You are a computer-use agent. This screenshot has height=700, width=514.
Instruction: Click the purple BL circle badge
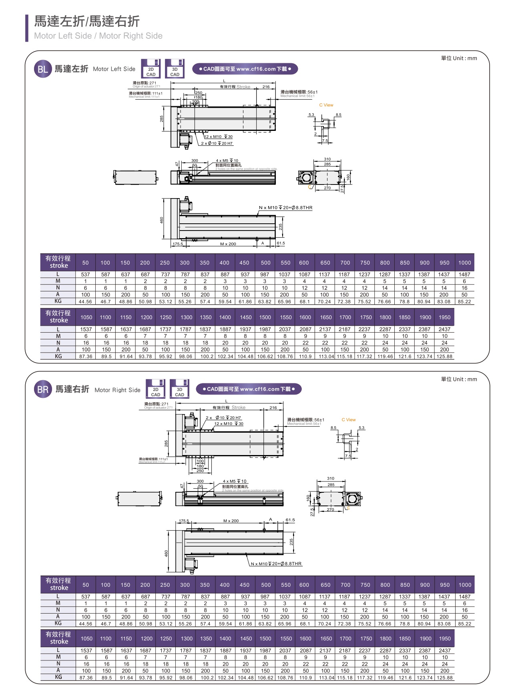[42, 69]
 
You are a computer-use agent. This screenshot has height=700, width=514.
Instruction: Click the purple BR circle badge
[43, 390]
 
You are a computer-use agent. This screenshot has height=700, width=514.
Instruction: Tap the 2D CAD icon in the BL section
[151, 69]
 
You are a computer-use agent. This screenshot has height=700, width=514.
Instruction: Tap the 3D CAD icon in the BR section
[179, 389]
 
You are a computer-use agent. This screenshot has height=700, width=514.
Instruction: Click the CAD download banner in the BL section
[245, 69]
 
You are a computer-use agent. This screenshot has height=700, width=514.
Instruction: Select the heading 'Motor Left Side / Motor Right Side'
[98, 36]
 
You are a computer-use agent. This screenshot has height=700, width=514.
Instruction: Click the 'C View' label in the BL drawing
[326, 105]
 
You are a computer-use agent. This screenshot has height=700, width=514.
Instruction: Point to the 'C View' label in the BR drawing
[348, 420]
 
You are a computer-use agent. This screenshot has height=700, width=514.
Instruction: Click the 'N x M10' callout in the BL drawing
[285, 208]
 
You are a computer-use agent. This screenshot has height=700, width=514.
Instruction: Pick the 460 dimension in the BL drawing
[162, 220]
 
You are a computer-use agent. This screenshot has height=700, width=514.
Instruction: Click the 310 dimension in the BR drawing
[330, 478]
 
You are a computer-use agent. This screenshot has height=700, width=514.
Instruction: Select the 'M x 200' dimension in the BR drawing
[231, 521]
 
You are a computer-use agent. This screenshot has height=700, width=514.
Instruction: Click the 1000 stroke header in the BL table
[464, 263]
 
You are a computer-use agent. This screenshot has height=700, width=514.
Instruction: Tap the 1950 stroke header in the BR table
[444, 639]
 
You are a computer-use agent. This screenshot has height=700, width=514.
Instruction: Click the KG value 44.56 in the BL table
[85, 302]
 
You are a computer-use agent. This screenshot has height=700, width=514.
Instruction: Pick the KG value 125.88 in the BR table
[444, 678]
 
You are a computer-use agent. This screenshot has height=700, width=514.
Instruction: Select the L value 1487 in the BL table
[464, 275]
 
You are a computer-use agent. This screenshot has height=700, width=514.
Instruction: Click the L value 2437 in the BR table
[444, 651]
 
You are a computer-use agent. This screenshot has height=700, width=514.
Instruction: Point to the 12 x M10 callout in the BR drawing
[229, 424]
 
